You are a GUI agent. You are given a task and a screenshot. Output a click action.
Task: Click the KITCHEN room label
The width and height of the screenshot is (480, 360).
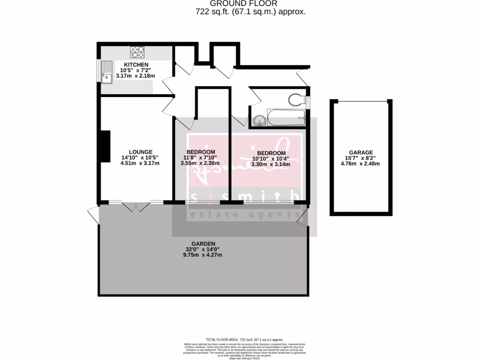[x=136, y=65]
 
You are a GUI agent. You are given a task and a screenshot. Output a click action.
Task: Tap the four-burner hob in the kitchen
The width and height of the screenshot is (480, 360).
[x=137, y=52]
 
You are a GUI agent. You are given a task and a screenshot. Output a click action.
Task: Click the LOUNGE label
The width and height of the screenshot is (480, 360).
[x=141, y=152]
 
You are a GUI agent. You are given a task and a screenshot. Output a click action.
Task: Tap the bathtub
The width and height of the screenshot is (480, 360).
[x=286, y=117]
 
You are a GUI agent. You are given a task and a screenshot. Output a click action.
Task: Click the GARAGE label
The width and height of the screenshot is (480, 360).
[x=361, y=152]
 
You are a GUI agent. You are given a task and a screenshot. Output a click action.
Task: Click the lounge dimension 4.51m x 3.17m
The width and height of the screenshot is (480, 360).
[x=140, y=164]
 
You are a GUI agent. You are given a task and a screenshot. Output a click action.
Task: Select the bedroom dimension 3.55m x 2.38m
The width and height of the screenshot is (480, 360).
[x=201, y=164]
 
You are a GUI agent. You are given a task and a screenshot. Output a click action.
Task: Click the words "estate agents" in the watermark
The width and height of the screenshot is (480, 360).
[x=244, y=215]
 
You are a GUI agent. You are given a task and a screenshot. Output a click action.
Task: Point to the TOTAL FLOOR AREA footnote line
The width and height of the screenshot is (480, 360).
[x=244, y=339]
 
